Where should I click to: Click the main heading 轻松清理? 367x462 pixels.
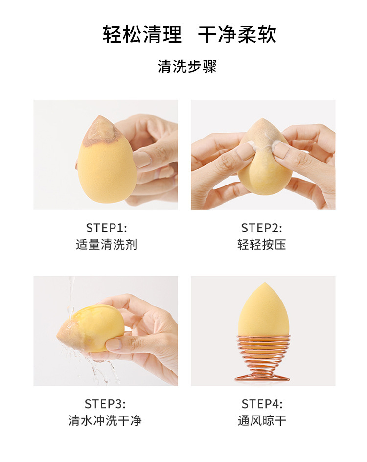[142, 35]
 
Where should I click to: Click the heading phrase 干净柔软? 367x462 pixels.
[237, 35]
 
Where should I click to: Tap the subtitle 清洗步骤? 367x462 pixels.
[187, 66]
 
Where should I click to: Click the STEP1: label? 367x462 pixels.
[106, 228]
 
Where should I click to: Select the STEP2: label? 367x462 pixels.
[262, 228]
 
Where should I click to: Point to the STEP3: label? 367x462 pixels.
[105, 404]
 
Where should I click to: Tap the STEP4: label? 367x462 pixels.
[262, 404]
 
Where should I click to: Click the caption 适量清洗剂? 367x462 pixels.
[106, 245]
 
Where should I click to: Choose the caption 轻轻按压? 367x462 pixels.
[262, 245]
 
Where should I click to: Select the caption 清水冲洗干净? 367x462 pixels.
[105, 420]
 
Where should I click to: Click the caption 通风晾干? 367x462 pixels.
[262, 420]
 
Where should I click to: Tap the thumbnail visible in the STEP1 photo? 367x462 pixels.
[142, 160]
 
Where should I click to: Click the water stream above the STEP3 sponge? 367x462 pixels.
[70, 298]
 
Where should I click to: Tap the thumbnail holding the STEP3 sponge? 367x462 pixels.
[113, 344]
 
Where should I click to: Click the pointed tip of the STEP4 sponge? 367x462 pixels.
[265, 283]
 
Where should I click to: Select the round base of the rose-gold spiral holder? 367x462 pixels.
[263, 377]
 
